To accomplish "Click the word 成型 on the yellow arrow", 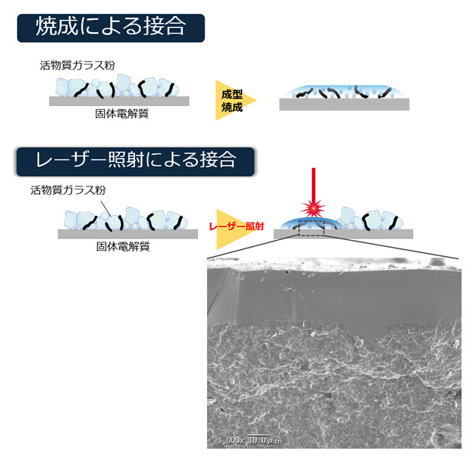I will (x=231, y=94).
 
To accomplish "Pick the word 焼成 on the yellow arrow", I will (x=231, y=107).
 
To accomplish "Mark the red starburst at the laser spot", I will (x=313, y=208).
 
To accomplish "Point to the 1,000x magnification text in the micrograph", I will (x=230, y=440).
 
